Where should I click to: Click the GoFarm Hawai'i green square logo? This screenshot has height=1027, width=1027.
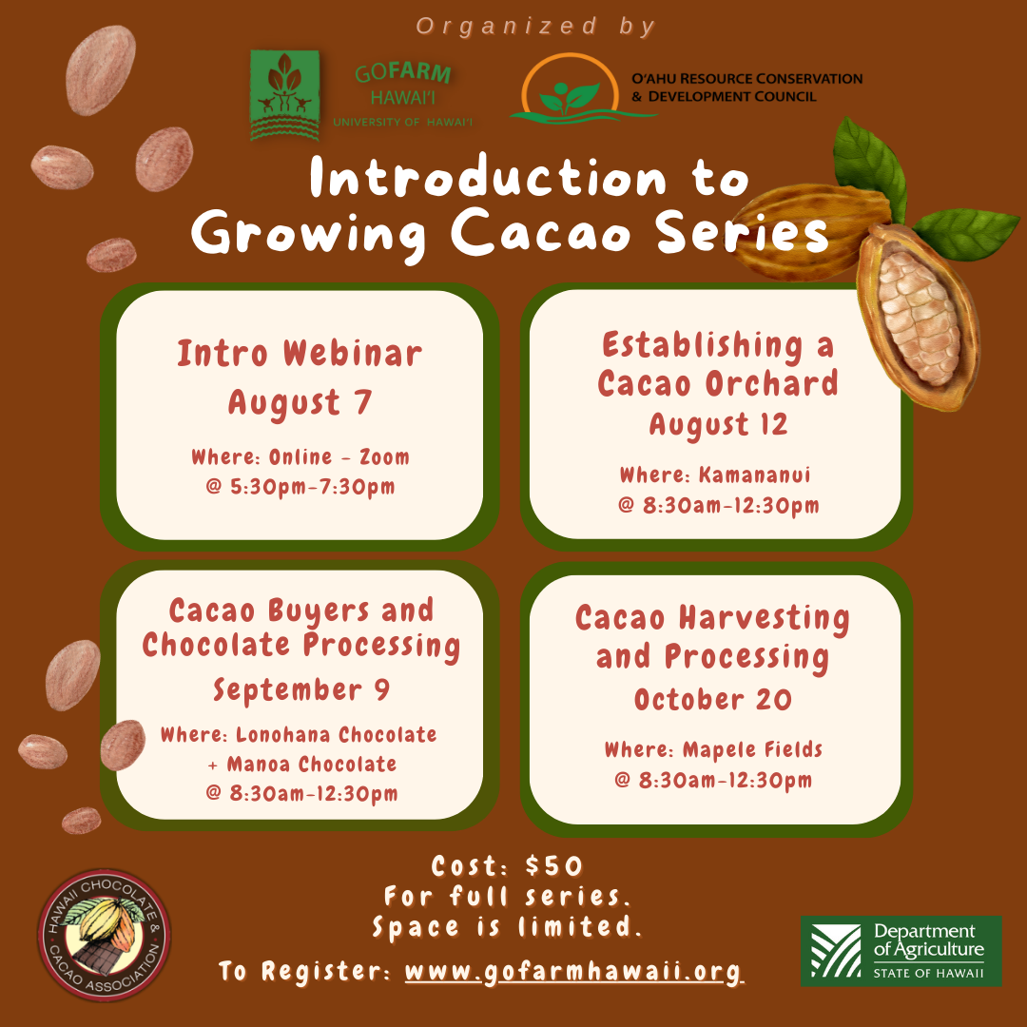(x=284, y=95)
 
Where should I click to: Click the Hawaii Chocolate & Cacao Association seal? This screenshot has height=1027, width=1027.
(x=105, y=935)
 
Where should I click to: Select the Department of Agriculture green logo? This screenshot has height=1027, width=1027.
(x=901, y=950)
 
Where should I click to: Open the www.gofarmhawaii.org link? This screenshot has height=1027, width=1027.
(x=573, y=971)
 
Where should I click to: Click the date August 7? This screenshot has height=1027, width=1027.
(x=300, y=401)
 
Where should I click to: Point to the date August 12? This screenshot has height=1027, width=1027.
(x=718, y=424)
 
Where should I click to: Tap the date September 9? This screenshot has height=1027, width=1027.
(x=301, y=689)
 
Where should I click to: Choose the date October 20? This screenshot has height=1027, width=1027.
(x=712, y=700)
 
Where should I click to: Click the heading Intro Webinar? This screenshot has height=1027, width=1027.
(x=300, y=354)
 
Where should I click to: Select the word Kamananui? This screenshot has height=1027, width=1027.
(x=754, y=475)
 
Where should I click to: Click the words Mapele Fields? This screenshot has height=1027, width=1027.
(x=752, y=749)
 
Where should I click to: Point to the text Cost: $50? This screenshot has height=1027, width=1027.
(x=506, y=866)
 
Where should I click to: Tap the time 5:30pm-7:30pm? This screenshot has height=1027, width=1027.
(x=313, y=487)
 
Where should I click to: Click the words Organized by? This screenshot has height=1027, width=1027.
(x=535, y=27)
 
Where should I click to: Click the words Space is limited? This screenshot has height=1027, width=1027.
(x=507, y=927)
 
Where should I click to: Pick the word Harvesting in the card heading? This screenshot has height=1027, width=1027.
(x=764, y=618)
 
